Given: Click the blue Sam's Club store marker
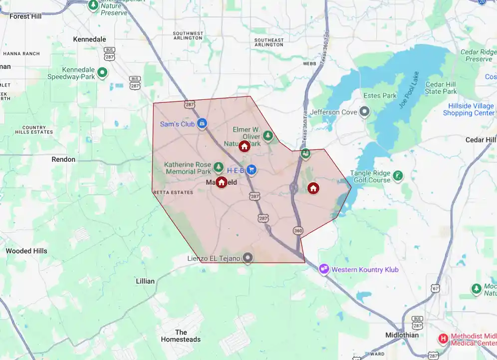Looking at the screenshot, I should pyautogui.click(x=202, y=123).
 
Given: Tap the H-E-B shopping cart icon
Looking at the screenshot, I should pyautogui.click(x=251, y=170).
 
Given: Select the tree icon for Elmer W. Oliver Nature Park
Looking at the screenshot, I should pyautogui.click(x=268, y=135).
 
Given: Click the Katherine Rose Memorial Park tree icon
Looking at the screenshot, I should pyautogui.click(x=218, y=166).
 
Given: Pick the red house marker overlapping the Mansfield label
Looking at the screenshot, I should pyautogui.click(x=221, y=182).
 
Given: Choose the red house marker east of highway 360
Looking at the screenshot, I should pyautogui.click(x=313, y=188).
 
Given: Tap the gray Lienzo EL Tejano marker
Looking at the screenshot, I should pyautogui.click(x=248, y=258).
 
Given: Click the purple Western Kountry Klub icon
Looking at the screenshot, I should pyautogui.click(x=324, y=269).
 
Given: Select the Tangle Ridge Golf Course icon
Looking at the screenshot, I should pyautogui.click(x=398, y=176).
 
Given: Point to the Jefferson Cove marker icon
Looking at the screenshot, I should pyautogui.click(x=365, y=112).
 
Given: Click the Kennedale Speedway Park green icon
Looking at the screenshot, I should pyautogui.click(x=102, y=73).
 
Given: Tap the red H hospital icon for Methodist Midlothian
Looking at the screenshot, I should pyautogui.click(x=443, y=339).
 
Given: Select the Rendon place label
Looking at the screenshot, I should pyautogui.click(x=63, y=159).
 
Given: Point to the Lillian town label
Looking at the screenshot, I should pyautogui.click(x=145, y=281).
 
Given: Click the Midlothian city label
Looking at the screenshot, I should pyautogui.click(x=402, y=335).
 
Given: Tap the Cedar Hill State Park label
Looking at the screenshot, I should pyautogui.click(x=441, y=88).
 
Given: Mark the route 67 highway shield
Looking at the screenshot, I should pyautogui.click(x=436, y=289).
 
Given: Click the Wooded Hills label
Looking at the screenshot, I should pyautogui.click(x=26, y=251).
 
